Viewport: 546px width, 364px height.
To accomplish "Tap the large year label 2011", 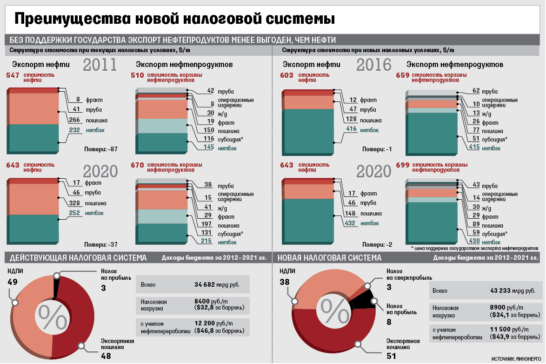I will pos(100,65).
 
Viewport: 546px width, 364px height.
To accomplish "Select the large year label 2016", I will pos(374,65).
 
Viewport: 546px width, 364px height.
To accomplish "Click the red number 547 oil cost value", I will pos(13,75).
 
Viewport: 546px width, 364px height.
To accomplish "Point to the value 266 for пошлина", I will pos(74,120).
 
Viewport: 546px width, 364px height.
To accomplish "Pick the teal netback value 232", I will pos(74,130).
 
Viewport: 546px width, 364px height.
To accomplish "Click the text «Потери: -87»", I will pos(100,149).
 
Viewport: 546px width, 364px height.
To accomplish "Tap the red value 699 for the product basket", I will pos(402,165).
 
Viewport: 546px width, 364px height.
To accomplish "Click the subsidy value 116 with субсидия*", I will pos(207,139).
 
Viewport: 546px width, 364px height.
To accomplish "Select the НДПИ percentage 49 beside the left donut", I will pos(13,282).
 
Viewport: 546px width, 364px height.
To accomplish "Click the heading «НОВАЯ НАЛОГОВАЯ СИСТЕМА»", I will pos(329,258).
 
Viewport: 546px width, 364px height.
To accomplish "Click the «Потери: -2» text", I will pos(378,244).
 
